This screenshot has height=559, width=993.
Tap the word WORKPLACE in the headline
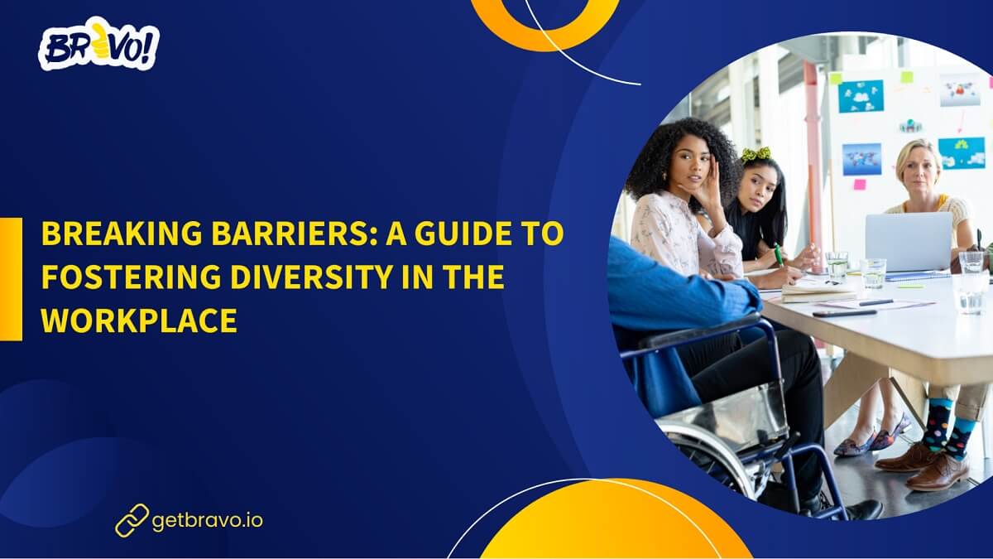139,320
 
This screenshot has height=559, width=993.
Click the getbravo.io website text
208,521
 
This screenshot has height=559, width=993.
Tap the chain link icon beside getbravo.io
132,521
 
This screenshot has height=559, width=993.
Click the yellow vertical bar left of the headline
11,278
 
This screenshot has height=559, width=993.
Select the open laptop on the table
909,241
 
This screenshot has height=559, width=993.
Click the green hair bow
756,154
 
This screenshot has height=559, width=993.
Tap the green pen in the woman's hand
779,253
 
